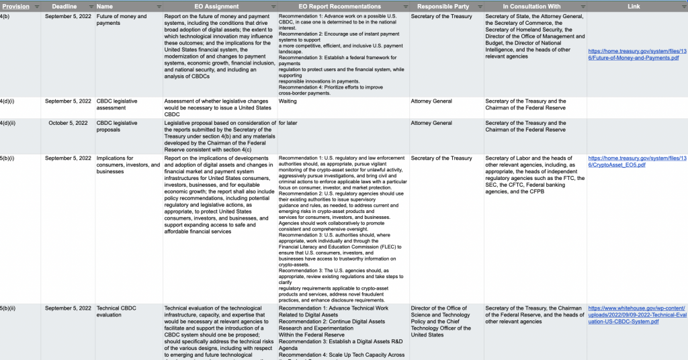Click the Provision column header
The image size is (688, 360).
16,6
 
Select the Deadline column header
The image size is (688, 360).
67,6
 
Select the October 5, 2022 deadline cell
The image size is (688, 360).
68,123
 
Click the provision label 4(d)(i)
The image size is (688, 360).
7,101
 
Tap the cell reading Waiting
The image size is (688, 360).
288,101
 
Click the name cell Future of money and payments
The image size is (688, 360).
122,19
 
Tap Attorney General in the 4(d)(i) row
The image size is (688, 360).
431,101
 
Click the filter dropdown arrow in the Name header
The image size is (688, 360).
159,6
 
